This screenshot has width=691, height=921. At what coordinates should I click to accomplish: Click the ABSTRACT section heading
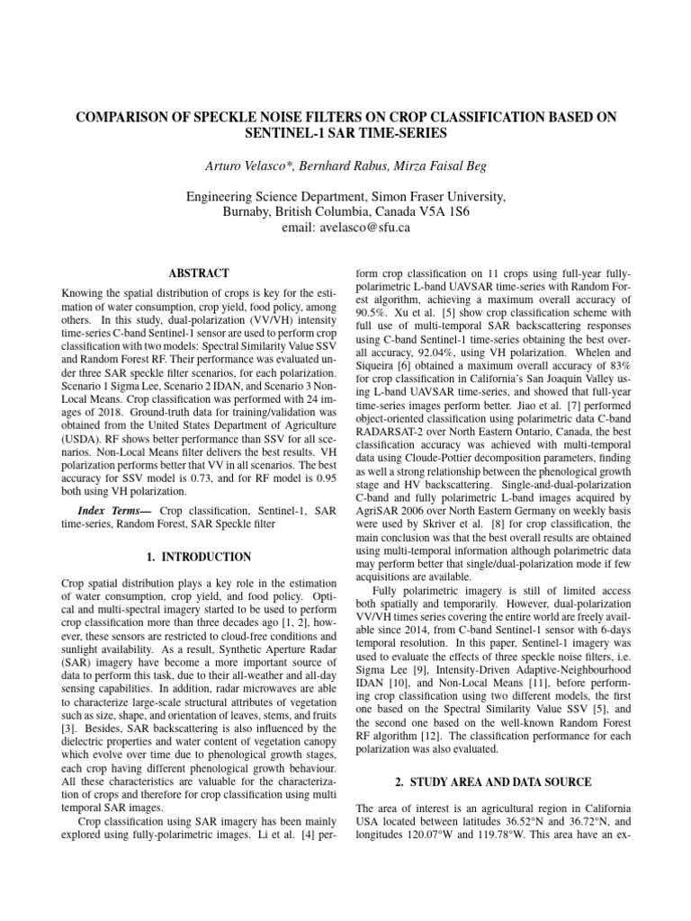[199, 273]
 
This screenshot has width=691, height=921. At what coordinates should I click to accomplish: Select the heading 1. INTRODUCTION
[199, 557]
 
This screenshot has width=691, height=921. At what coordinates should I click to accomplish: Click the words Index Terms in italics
[108, 511]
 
